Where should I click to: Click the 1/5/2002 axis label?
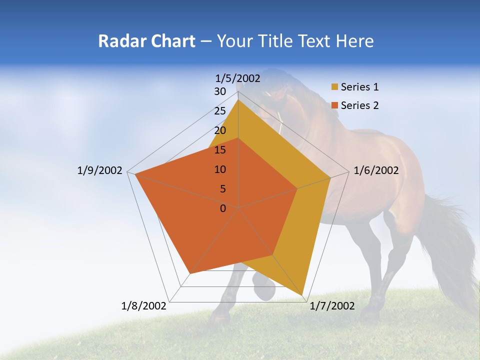(238, 78)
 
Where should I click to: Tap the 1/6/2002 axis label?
(376, 170)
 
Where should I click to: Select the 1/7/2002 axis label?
(332, 306)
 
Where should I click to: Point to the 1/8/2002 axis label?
(143, 306)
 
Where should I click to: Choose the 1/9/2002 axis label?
(99, 170)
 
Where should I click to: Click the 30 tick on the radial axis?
(220, 91)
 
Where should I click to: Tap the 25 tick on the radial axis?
(220, 111)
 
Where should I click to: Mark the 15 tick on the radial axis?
(220, 150)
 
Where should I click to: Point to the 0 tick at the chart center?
(223, 208)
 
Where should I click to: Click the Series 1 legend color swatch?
(335, 87)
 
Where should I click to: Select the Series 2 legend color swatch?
(335, 105)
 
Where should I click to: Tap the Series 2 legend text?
(359, 105)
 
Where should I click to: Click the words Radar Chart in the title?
(146, 41)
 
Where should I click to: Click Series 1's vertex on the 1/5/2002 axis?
(238, 99)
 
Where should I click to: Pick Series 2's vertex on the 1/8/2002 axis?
(190, 273)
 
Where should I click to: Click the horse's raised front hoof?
(264, 290)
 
